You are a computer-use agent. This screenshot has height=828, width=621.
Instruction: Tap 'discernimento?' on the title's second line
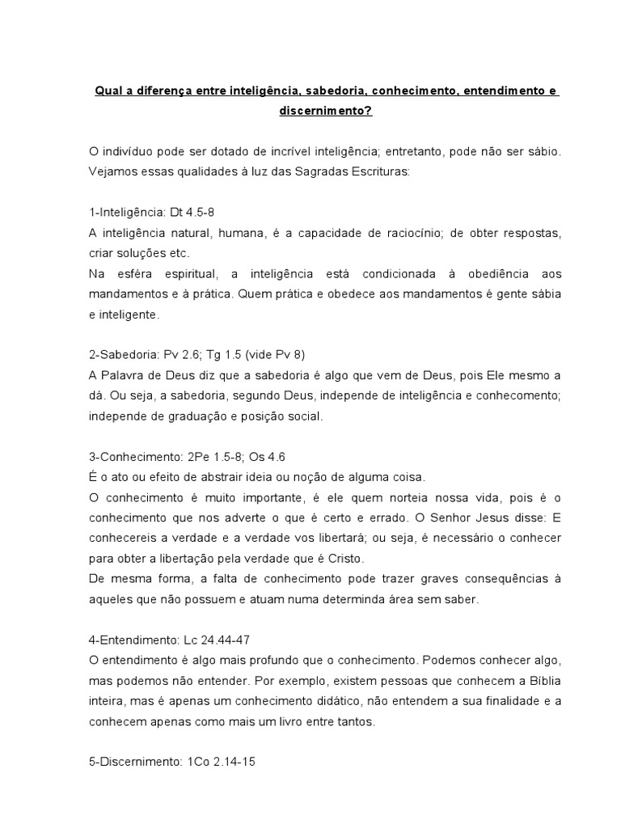click(326, 112)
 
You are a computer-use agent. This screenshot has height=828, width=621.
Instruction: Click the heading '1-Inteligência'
click(125, 212)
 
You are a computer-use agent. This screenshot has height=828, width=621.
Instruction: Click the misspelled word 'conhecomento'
click(526, 396)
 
